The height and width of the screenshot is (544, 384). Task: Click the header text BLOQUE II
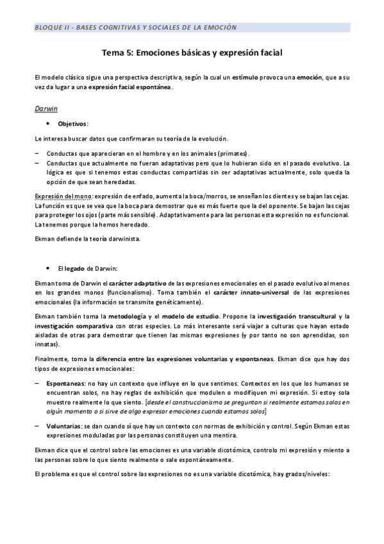tap(53, 28)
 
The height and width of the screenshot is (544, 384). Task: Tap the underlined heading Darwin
tap(46, 108)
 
